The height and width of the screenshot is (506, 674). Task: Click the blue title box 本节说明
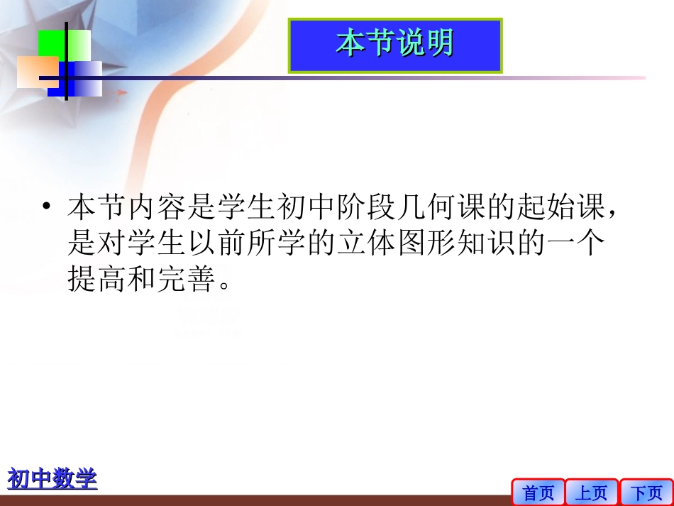(395, 45)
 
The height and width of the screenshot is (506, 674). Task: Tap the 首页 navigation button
(538, 492)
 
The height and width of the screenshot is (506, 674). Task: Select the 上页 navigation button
(592, 492)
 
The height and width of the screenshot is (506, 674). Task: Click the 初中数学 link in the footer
(52, 478)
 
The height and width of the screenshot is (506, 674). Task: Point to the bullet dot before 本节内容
(46, 207)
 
